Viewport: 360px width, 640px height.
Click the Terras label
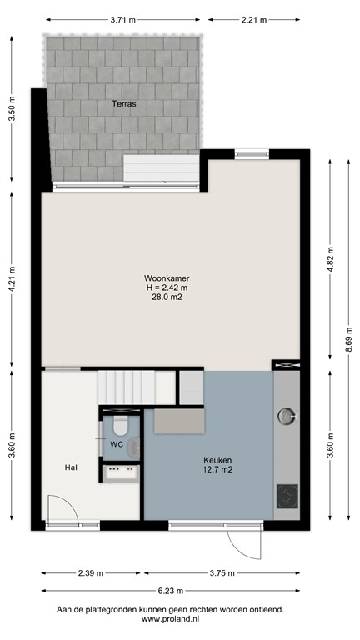(x=125, y=104)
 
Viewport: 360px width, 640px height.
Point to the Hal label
(x=72, y=468)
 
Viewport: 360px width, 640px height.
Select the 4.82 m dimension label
(x=330, y=260)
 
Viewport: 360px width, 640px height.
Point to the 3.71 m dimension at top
(x=124, y=17)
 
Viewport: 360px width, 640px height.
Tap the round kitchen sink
(x=287, y=414)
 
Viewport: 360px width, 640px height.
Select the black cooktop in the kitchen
(x=287, y=497)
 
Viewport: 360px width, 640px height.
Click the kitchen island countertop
(x=176, y=422)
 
